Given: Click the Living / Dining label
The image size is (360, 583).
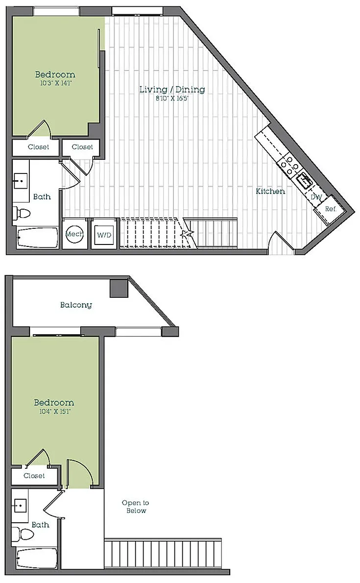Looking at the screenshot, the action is [x=172, y=89].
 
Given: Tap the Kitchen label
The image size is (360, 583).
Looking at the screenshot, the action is [x=270, y=191].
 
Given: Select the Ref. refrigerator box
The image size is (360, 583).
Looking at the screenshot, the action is [x=330, y=210].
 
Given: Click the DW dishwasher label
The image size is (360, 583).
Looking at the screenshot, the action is [x=316, y=197].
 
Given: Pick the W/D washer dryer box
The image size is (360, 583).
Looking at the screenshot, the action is [x=104, y=234].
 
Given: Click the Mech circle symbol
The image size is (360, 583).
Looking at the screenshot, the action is [x=75, y=234].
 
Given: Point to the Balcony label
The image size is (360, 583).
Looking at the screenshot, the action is [x=76, y=305].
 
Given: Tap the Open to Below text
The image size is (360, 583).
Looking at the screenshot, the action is [x=135, y=507].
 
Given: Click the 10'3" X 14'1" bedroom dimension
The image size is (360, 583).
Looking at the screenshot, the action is [x=55, y=83].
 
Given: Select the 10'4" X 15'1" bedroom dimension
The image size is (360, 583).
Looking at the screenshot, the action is [x=55, y=412].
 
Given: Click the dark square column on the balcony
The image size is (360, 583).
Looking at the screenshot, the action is [x=119, y=288].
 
